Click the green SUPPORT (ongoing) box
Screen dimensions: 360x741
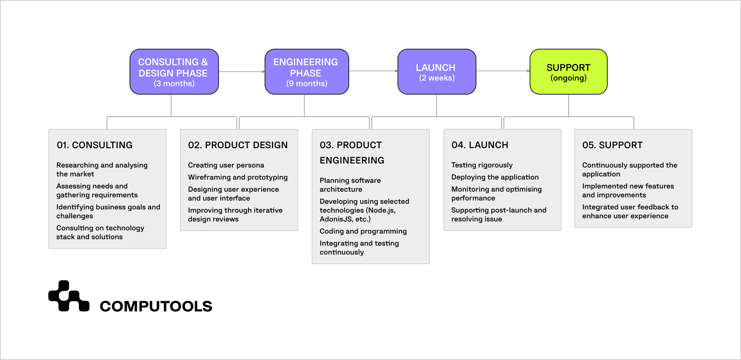568,72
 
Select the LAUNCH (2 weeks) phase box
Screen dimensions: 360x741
437,72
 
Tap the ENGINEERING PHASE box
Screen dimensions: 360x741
306,72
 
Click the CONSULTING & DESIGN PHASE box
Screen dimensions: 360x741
174,72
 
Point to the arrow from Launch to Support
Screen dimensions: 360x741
503,71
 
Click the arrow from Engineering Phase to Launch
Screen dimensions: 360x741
373,71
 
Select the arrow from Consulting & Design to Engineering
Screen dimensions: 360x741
242,72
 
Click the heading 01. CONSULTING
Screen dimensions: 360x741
95,145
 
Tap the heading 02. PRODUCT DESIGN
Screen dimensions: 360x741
238,145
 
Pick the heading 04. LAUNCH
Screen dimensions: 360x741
480,145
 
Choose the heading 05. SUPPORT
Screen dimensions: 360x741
612,145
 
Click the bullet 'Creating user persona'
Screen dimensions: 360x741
226,165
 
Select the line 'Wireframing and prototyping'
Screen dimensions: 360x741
238,177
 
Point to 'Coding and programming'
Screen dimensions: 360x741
363,231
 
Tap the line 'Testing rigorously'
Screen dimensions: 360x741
482,165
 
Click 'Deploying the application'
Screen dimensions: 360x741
495,177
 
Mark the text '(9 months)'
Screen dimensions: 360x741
306,83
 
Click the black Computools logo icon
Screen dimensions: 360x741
68,296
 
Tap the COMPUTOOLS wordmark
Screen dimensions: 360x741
156,306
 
